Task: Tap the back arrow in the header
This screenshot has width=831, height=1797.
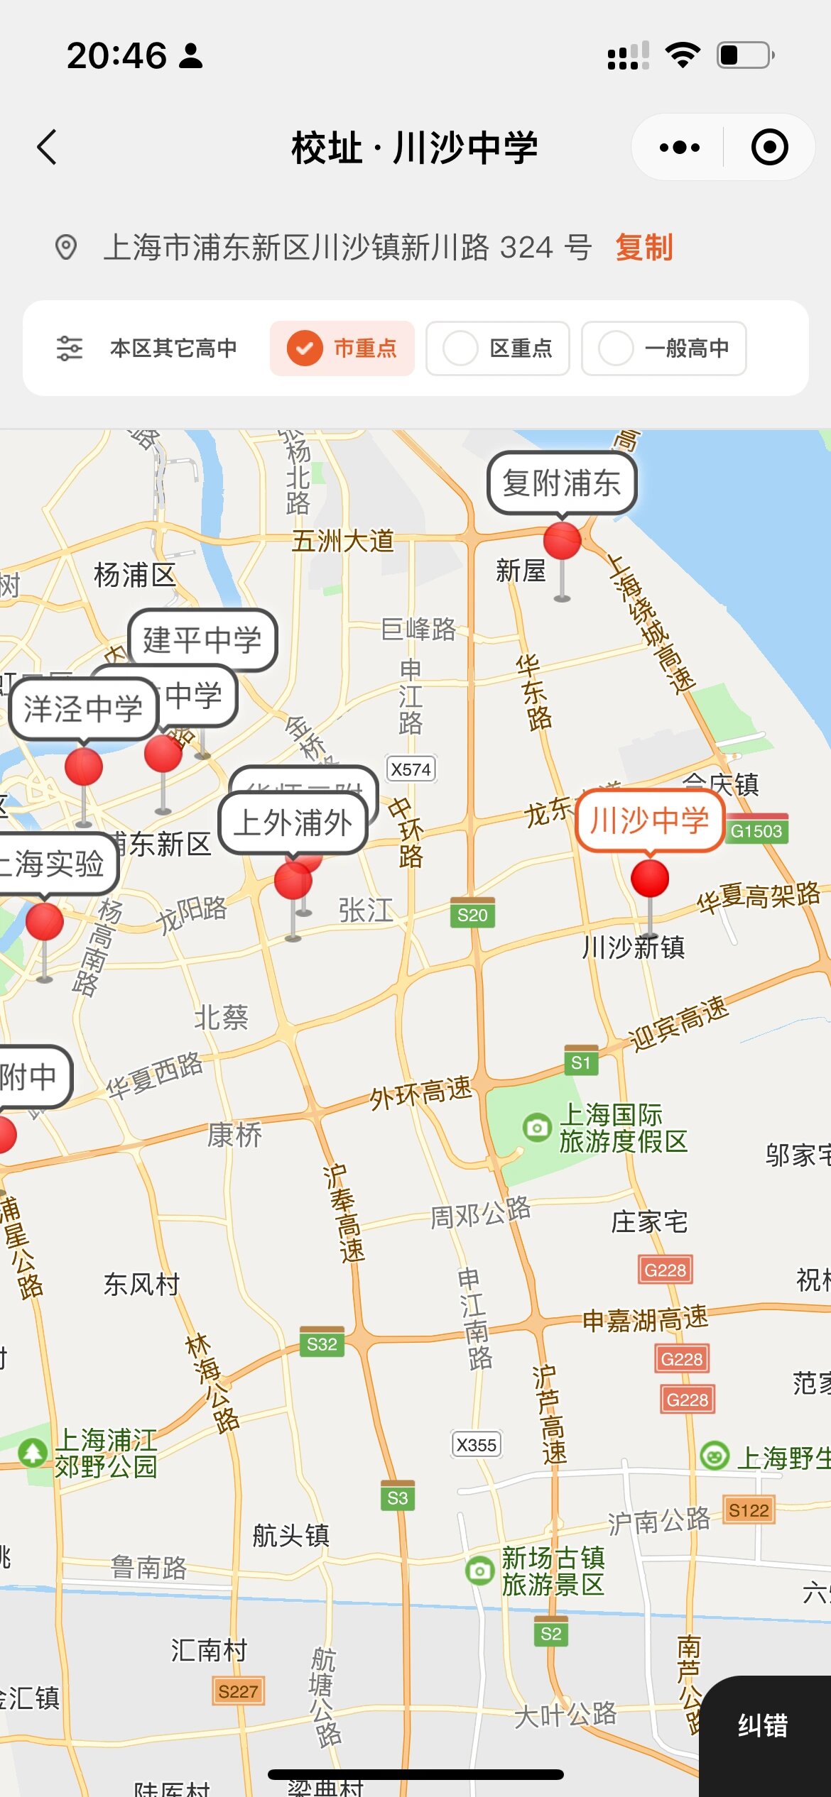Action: pos(47,148)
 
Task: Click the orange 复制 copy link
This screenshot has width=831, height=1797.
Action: pos(643,248)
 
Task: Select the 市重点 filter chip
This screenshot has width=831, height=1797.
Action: pos(342,348)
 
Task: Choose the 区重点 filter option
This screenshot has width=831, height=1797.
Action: pos(497,348)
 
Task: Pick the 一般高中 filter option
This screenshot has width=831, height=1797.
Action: pos(663,348)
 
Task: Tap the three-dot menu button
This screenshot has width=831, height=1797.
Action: pos(679,148)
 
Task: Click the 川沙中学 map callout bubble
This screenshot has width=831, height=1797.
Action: pos(649,821)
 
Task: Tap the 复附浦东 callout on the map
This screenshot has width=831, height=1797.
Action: pos(561,483)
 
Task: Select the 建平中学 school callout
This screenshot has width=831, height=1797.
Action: pos(202,639)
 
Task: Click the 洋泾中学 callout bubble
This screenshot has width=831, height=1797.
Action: pos(83,709)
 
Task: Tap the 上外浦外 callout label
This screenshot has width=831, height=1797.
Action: pos(293,823)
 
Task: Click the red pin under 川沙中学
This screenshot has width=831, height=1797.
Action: pos(650,878)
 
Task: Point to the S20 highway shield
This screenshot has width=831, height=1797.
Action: pos(472,915)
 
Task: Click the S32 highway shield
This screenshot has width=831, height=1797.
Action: pos(322,1343)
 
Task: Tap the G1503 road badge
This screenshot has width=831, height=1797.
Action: pos(756,831)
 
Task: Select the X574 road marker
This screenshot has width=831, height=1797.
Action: pos(411,769)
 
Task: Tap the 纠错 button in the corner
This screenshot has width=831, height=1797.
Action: pos(763,1725)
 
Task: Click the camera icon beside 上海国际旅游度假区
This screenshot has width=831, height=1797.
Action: pos(537,1127)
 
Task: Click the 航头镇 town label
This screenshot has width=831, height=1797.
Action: pos(291,1535)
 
